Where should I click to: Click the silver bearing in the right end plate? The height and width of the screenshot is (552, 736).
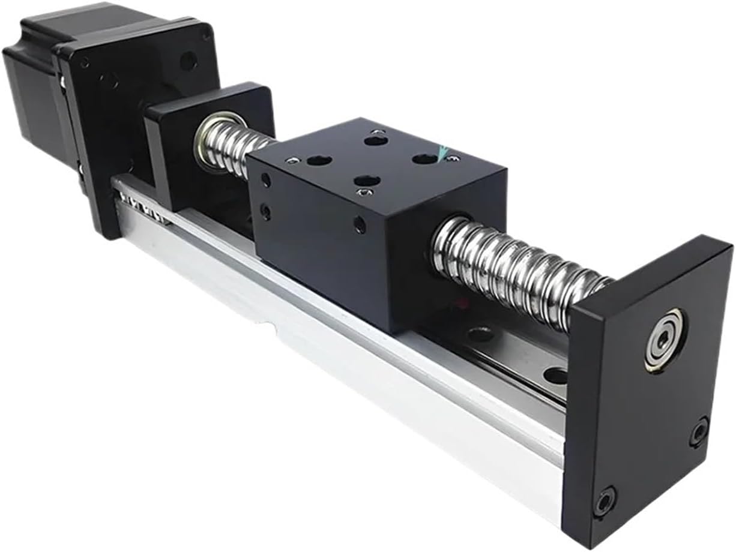pos(663,340)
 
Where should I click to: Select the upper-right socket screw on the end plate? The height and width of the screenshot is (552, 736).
pos(699,432)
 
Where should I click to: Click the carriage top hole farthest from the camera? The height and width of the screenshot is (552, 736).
pos(375,140)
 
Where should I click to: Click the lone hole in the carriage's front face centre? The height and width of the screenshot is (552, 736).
pos(360,225)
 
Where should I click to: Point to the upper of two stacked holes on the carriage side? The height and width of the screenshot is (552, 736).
pos(266,180)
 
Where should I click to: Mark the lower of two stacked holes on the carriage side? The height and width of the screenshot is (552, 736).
pos(265,211)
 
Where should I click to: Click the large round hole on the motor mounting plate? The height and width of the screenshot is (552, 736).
pos(188,60)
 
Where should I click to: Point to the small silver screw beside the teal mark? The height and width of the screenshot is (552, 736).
pos(454,158)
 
